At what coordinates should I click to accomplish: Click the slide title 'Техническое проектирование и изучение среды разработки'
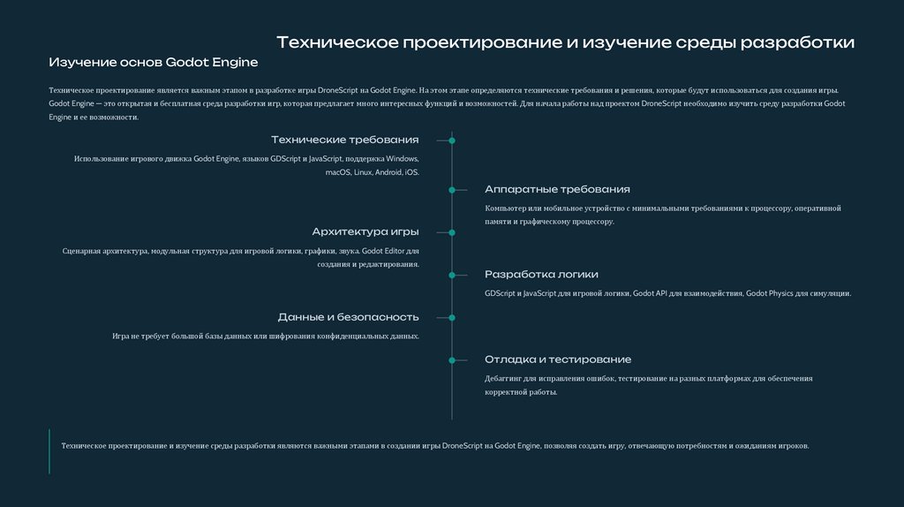565,42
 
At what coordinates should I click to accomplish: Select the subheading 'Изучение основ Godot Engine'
153,63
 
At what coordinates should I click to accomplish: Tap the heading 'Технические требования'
345,140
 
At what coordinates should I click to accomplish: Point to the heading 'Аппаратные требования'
557,189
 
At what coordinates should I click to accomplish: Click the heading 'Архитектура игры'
365,231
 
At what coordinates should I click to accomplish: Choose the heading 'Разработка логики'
541,274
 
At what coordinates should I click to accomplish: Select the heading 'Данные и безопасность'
348,316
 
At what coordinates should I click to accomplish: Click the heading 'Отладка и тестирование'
558,359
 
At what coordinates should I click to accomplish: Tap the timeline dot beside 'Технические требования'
452,140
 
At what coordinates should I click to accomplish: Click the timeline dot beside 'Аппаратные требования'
452,190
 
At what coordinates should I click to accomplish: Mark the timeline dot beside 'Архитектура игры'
452,232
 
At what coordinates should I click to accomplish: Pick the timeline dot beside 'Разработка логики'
452,275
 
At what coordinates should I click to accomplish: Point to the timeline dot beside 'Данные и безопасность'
452,317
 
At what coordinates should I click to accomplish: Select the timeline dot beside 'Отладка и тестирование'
452,359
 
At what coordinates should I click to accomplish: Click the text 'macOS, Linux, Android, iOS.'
372,172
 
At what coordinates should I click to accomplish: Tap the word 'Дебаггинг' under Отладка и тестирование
504,378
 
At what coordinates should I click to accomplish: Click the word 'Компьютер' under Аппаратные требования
505,208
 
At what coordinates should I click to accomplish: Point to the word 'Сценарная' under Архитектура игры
79,251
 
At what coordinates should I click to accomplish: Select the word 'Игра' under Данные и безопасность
120,336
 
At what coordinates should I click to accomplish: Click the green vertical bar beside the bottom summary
49,451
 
